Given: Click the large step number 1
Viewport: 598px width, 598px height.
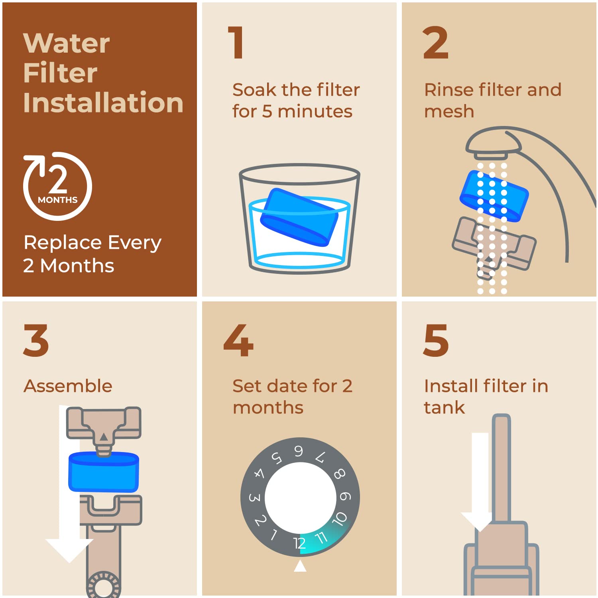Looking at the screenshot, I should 236,42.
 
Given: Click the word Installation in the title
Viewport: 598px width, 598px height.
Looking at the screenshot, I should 103,102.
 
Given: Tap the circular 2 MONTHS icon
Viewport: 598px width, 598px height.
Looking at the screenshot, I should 58,186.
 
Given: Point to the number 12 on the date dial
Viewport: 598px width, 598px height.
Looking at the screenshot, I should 299,543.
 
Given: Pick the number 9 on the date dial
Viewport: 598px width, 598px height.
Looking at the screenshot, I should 345,496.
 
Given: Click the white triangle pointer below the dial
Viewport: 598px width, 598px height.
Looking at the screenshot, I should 300,566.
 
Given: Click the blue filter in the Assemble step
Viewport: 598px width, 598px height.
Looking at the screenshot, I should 104,472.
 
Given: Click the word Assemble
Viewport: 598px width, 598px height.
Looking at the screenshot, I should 68,386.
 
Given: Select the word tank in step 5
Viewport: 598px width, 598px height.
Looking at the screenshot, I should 444,407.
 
